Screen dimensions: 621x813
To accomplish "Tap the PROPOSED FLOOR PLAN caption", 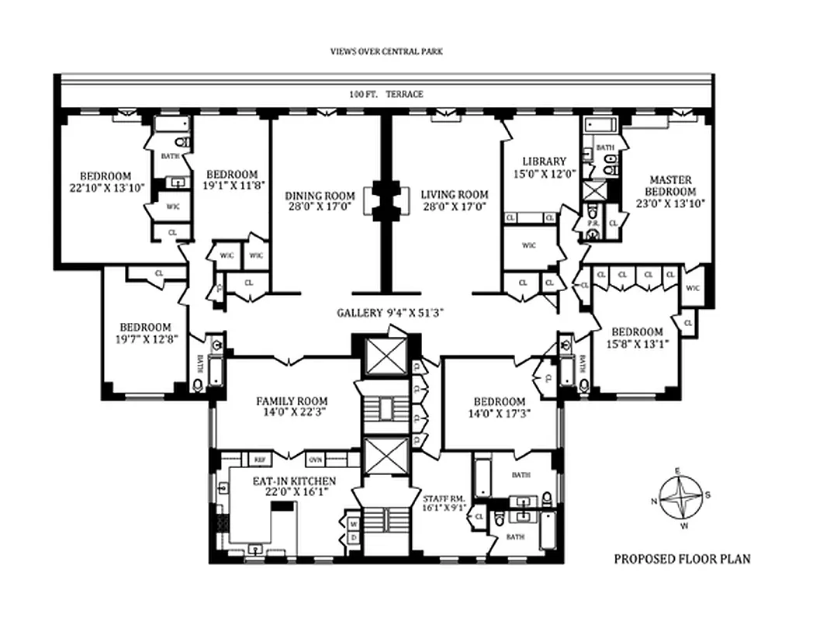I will click(682, 558).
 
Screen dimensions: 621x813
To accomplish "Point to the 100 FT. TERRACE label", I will click(386, 94).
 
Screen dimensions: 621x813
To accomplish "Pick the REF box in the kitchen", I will click(257, 459).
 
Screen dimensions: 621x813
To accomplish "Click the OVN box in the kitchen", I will click(316, 459).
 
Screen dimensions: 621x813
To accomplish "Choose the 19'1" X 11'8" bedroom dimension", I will click(233, 184).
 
